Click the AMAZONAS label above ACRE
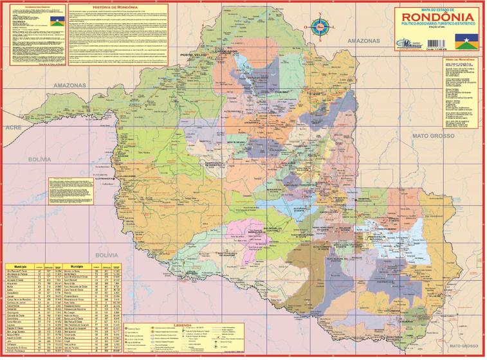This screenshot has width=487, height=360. [x=52, y=85]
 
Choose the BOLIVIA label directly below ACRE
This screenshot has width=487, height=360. [x=21, y=157]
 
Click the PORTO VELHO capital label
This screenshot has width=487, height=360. [x=195, y=55]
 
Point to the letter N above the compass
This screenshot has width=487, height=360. [x=318, y=13]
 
